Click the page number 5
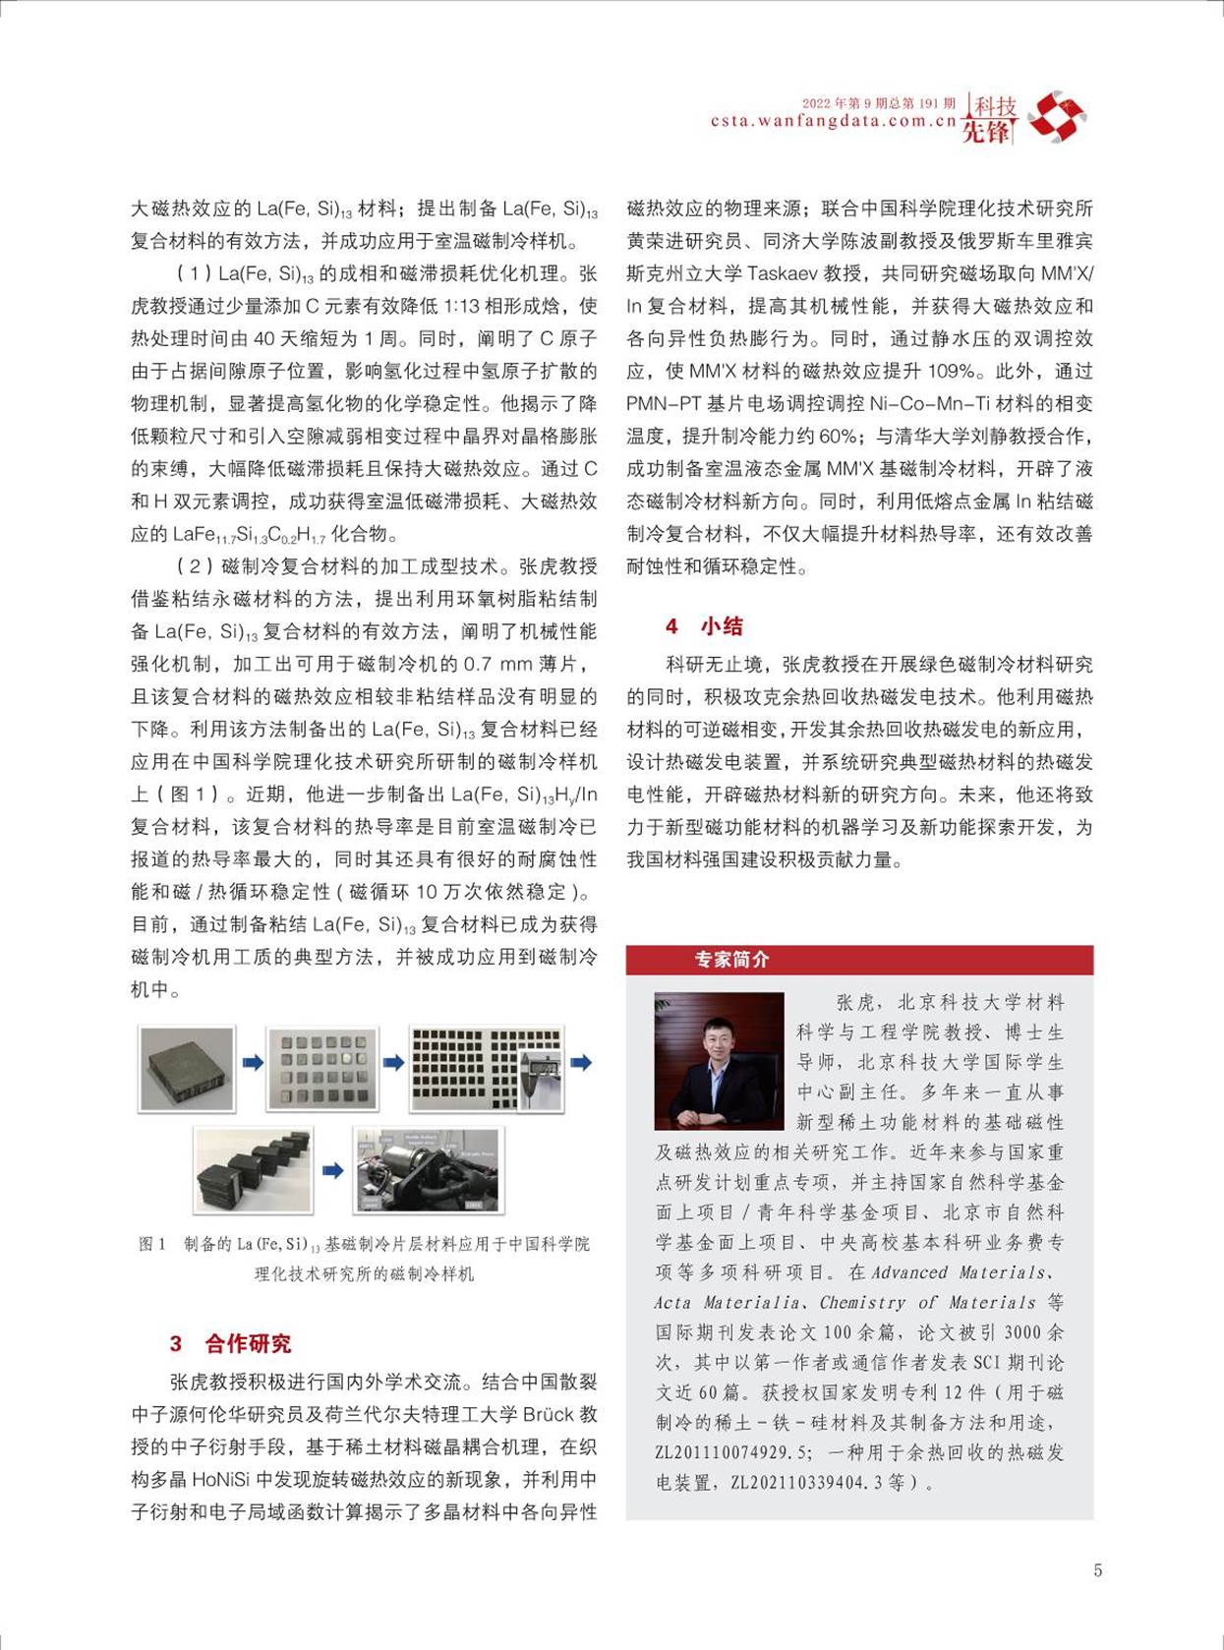(1097, 1570)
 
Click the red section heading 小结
(722, 626)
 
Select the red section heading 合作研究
(248, 1343)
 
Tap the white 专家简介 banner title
(731, 960)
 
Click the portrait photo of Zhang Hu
(719, 1060)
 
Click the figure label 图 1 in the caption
(152, 1244)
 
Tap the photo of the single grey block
(187, 1068)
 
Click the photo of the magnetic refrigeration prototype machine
(425, 1170)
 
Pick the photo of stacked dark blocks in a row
(254, 1170)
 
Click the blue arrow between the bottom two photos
(333, 1170)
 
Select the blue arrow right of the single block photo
(253, 1062)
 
